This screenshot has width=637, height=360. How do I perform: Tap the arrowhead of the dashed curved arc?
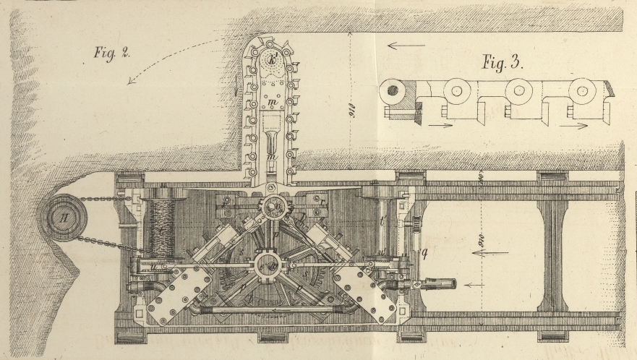pos(131,81)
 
